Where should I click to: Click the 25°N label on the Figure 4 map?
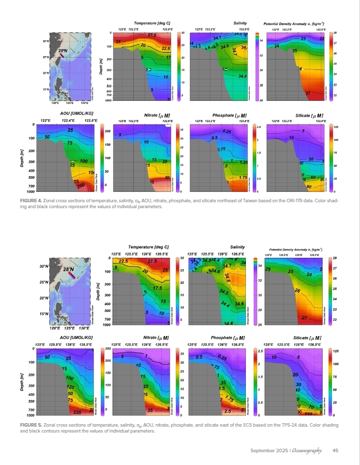point(62,51)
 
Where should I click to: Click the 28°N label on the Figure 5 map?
point(68,270)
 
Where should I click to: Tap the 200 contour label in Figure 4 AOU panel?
point(81,185)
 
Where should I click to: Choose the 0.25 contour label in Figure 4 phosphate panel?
point(227,131)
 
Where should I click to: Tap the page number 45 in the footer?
point(335,450)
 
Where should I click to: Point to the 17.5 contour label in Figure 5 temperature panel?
point(158,288)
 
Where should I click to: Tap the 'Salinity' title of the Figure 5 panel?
point(238,247)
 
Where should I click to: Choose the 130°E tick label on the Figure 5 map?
point(84,327)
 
